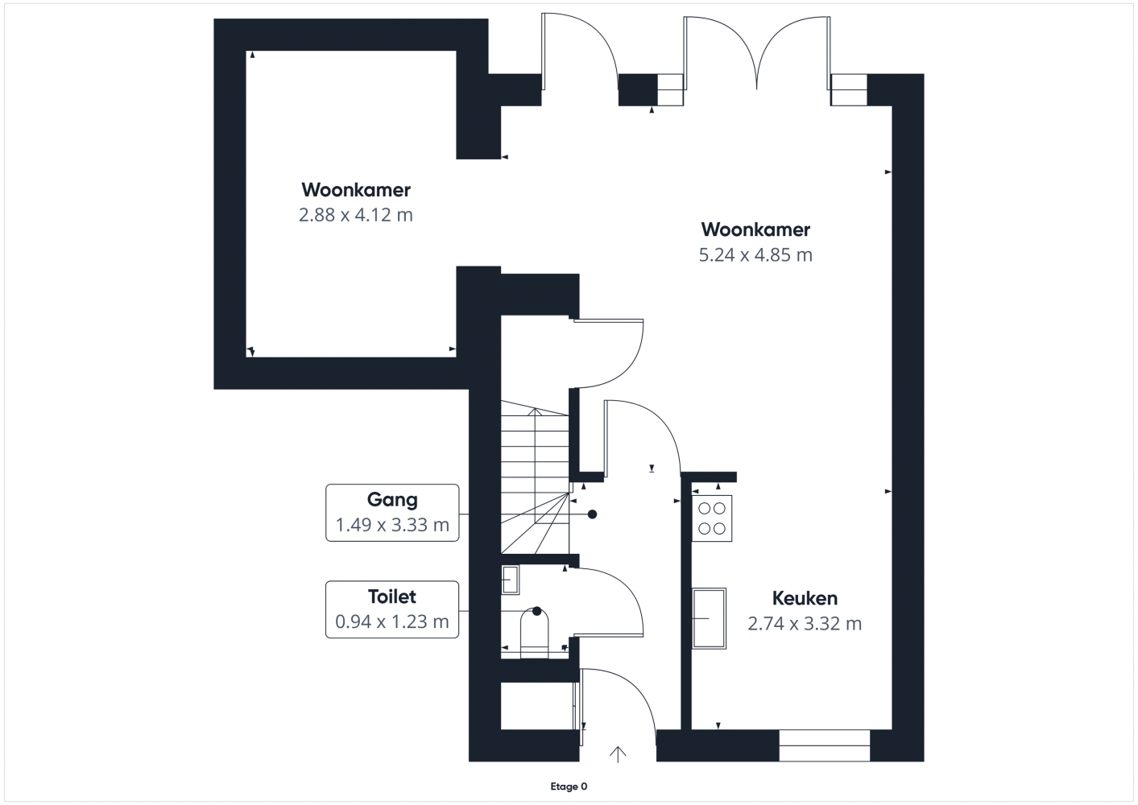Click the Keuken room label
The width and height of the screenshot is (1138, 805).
pyautogui.click(x=805, y=598)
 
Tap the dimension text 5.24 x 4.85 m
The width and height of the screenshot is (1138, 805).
pyautogui.click(x=755, y=254)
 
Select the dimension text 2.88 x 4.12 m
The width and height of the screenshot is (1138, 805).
pyautogui.click(x=356, y=215)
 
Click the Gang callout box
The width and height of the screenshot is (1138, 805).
pyautogui.click(x=392, y=513)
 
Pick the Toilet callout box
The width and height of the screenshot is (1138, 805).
pyautogui.click(x=392, y=609)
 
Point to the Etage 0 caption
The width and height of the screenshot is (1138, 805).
pyautogui.click(x=569, y=786)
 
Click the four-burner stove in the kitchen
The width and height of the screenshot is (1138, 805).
pyautogui.click(x=712, y=518)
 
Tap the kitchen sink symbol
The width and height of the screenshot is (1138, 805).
pyautogui.click(x=709, y=618)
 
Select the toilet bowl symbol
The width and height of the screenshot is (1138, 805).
pyautogui.click(x=535, y=634)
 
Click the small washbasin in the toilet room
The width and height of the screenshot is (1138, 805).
pyautogui.click(x=510, y=580)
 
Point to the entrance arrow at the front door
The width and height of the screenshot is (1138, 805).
pyautogui.click(x=618, y=754)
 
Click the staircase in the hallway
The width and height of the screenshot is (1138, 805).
pyautogui.click(x=535, y=477)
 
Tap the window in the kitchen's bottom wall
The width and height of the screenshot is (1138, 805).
pyautogui.click(x=825, y=745)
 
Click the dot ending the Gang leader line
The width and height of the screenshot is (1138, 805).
pyautogui.click(x=593, y=514)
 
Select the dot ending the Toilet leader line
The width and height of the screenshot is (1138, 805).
pyautogui.click(x=536, y=611)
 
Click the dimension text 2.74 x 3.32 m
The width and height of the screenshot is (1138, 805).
pyautogui.click(x=805, y=624)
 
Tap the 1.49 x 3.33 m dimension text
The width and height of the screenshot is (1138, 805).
pyautogui.click(x=392, y=525)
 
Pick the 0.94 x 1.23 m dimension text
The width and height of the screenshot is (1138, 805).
pyautogui.click(x=392, y=621)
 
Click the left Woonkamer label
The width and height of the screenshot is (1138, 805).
pyautogui.click(x=356, y=190)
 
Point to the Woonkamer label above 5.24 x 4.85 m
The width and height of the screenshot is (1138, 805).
pyautogui.click(x=755, y=229)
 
